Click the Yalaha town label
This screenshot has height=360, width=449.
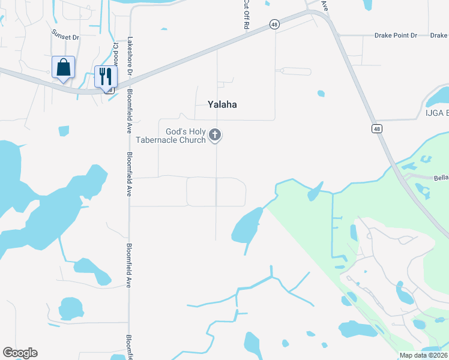pyautogui.click(x=222, y=104)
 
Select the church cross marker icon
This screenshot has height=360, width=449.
pyautogui.click(x=215, y=136)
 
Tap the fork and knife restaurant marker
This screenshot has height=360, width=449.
pyautogui.click(x=106, y=77)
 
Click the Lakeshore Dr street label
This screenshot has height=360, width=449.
pyautogui.click(x=129, y=58)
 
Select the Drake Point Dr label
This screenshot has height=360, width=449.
pyautogui.click(x=396, y=36)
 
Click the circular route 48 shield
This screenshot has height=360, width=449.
pyautogui.click(x=274, y=23)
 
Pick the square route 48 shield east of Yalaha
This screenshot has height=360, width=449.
pyautogui.click(x=376, y=128)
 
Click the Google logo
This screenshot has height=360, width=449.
pyautogui.click(x=20, y=353)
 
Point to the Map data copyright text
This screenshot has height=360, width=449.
pyautogui.click(x=423, y=355)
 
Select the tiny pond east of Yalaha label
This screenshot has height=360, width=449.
pyautogui.click(x=321, y=94)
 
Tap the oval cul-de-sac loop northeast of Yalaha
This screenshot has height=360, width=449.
pyautogui.click(x=296, y=71)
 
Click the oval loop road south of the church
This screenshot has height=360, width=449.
pyautogui.click(x=216, y=191)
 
